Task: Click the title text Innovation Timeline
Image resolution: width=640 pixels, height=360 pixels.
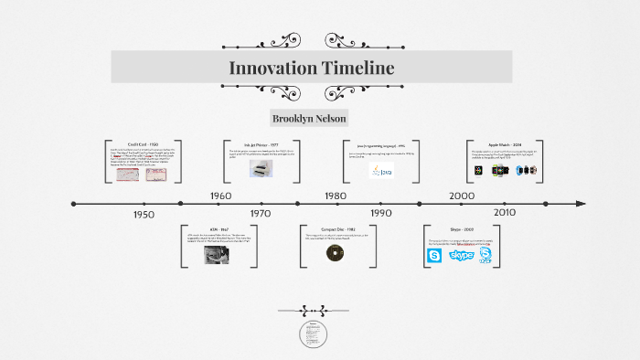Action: click(311, 68)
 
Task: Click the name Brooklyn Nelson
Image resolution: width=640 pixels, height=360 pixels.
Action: click(310, 119)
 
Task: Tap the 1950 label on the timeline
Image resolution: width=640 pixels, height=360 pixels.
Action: click(144, 214)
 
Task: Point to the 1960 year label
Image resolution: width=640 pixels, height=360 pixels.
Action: click(220, 196)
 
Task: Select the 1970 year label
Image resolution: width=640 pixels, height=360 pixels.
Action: click(261, 213)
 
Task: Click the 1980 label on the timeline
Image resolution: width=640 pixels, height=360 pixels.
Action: click(335, 196)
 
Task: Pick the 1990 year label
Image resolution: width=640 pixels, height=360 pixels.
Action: click(380, 213)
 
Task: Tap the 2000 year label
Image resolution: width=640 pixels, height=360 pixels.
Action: click(461, 196)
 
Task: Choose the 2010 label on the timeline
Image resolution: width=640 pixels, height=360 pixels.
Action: click(504, 212)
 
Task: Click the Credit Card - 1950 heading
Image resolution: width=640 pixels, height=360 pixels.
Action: click(143, 144)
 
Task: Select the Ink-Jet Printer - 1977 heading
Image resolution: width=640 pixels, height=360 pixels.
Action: click(261, 144)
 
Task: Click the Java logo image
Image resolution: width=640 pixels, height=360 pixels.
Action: click(381, 170)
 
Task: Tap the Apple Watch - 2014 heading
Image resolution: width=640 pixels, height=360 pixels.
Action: click(504, 144)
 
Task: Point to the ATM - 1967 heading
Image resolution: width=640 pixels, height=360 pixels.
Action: click(219, 228)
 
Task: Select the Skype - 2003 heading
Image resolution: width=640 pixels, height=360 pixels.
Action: click(462, 228)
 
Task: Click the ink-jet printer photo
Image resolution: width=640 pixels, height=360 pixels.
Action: click(261, 168)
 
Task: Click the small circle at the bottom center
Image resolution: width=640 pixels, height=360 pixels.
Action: click(313, 334)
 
